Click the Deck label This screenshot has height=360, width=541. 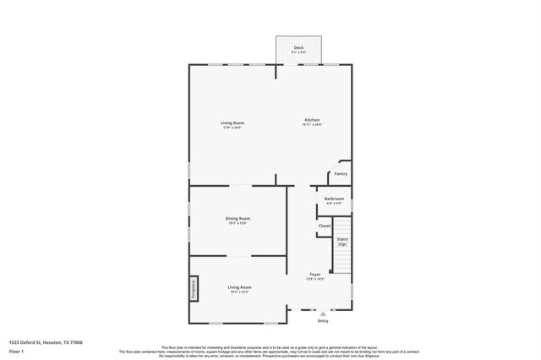click(x=298, y=47)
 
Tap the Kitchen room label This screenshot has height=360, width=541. click(x=312, y=120)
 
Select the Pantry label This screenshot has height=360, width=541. click(x=341, y=173)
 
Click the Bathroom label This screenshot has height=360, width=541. click(x=334, y=199)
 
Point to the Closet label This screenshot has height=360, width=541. click(x=324, y=226)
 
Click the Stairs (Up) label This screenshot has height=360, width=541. click(x=342, y=241)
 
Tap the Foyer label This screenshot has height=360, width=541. click(x=314, y=274)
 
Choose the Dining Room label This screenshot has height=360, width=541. click(x=238, y=218)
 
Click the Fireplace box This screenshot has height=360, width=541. click(x=194, y=288)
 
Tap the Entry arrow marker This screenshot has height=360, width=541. click(x=322, y=313)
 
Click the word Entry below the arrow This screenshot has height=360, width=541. click(x=323, y=321)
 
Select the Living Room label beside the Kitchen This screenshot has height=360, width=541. click(x=232, y=123)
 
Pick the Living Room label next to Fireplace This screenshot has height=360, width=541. click(x=240, y=287)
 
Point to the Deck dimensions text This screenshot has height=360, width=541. click(x=298, y=52)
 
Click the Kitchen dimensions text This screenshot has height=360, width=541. click(x=312, y=125)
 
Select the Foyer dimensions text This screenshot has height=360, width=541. click(x=314, y=279)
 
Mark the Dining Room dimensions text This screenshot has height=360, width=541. click(x=238, y=223)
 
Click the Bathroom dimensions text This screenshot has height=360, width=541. click(x=334, y=204)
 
